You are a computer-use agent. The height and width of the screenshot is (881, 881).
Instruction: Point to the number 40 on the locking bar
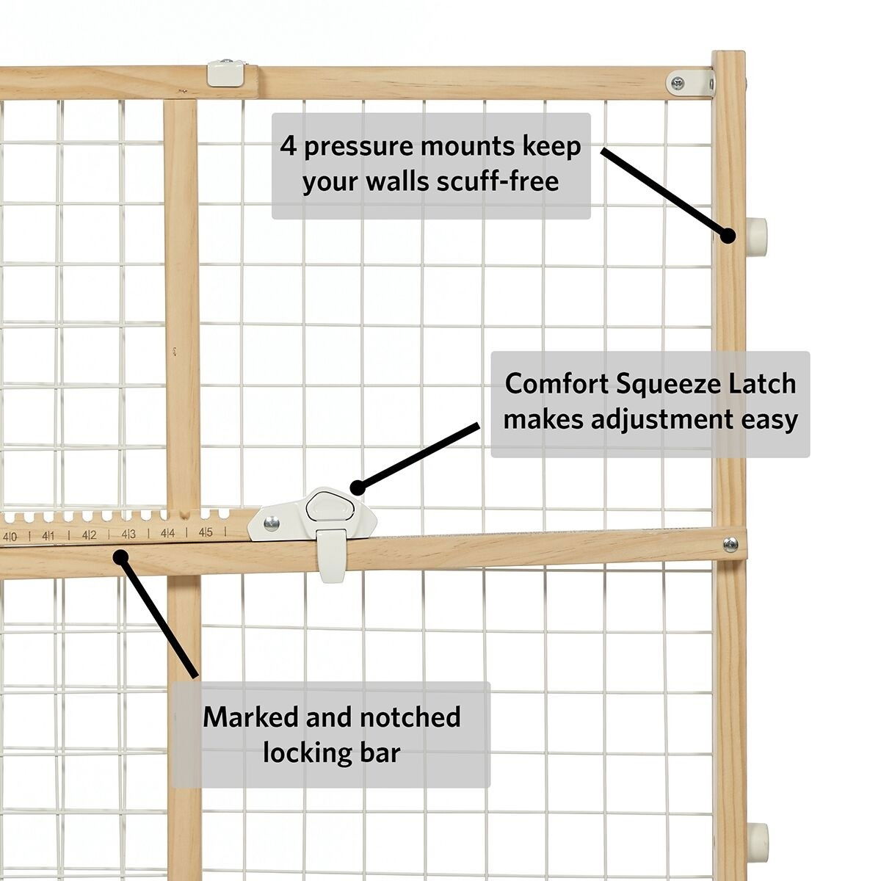pos(11,537)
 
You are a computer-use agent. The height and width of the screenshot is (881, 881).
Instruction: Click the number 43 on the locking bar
pos(128,534)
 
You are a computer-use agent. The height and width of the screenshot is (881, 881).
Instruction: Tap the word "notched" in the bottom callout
pos(401,717)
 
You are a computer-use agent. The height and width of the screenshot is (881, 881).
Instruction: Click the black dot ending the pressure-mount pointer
pos(728,236)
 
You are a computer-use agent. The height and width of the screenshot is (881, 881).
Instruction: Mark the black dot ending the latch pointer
pos(358,487)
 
